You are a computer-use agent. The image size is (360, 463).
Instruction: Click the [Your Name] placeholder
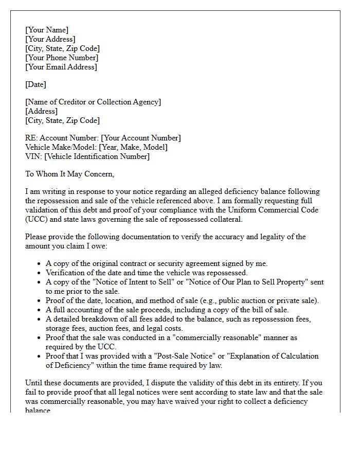coord(46,30)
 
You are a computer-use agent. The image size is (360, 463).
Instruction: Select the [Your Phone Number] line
coord(61,58)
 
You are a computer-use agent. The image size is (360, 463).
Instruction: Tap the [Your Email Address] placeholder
coord(61,67)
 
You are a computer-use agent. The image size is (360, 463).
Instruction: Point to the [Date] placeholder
coord(35,84)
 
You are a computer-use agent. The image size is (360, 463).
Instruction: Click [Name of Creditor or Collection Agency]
coord(93,102)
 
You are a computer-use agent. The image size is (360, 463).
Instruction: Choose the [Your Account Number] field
coord(141,138)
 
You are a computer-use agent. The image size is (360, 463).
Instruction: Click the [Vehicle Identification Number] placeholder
coord(97,156)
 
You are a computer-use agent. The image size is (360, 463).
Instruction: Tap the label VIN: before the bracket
coord(33,156)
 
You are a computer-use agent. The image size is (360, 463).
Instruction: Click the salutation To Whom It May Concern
coord(69,174)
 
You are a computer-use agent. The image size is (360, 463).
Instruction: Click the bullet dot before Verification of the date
coord(40,273)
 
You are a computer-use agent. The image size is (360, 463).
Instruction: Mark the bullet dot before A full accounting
coord(40,310)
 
